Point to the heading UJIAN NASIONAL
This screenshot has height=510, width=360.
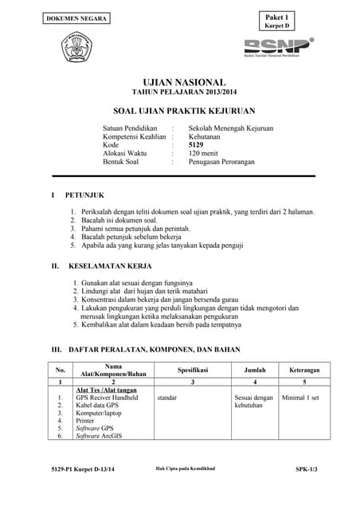pos(184,83)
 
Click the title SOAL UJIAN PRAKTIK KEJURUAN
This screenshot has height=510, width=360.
pos(184,112)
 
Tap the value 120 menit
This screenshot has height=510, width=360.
pos(205,153)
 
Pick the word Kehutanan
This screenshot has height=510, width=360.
pos(206,136)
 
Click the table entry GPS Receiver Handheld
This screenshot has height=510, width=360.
pos(108,397)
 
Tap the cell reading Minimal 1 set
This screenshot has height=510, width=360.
pos(300,397)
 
